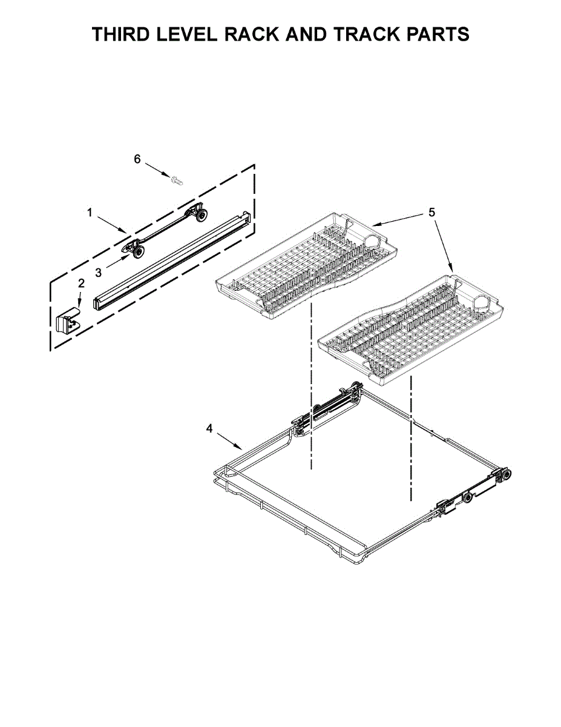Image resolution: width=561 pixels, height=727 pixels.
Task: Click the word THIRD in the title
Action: pyautogui.click(x=120, y=34)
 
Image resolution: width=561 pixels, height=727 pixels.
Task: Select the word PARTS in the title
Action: pyautogui.click(x=435, y=34)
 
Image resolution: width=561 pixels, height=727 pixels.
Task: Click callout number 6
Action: pyautogui.click(x=137, y=159)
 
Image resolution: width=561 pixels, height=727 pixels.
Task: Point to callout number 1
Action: pyautogui.click(x=90, y=213)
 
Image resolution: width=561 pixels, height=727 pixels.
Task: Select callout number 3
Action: pyautogui.click(x=98, y=273)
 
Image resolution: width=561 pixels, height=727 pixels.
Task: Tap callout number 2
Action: pyautogui.click(x=81, y=284)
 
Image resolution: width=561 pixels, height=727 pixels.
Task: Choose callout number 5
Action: pyautogui.click(x=432, y=213)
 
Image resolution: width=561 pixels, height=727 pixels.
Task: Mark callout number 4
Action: pyautogui.click(x=209, y=428)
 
